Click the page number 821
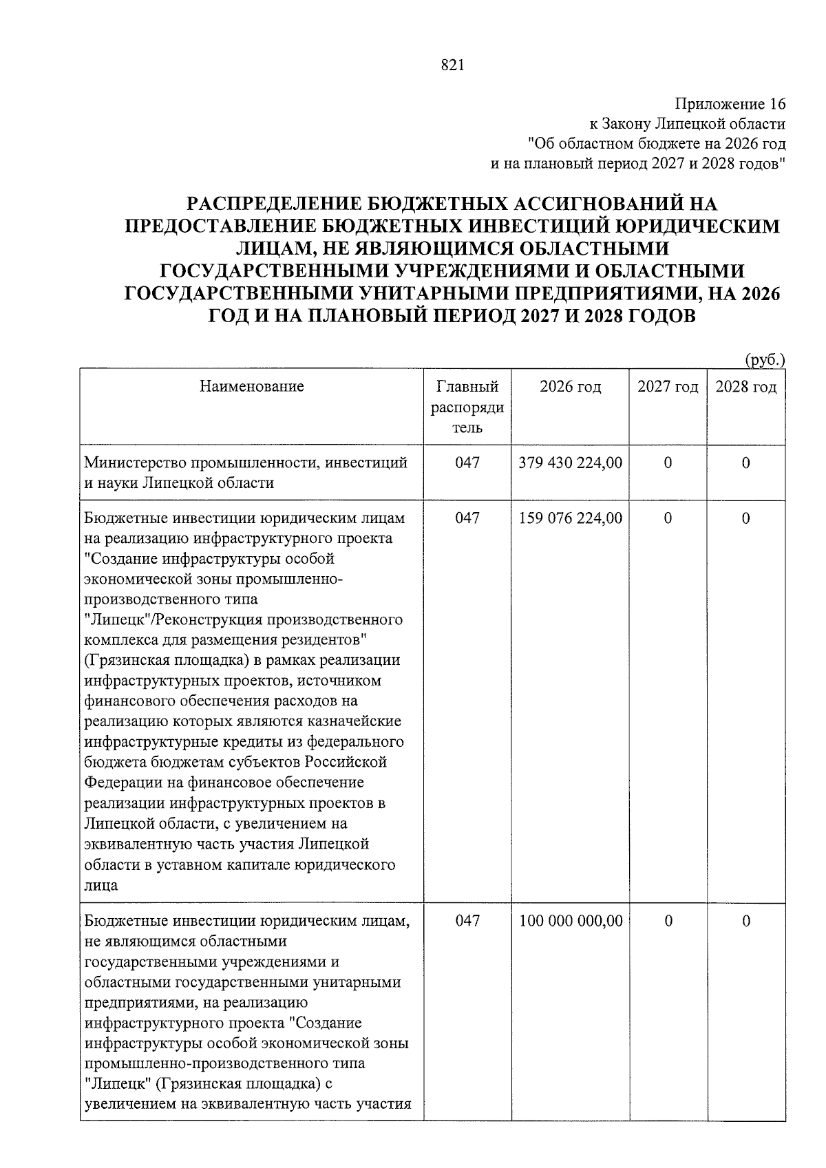tap(452, 65)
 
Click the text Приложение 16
tap(730, 104)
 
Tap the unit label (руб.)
tap(765, 359)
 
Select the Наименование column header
tap(251, 386)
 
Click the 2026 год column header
tap(570, 387)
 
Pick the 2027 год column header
tap(668, 387)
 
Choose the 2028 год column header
tap(746, 387)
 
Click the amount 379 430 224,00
tap(571, 463)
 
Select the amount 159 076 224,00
tap(571, 518)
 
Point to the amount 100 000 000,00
tap(571, 921)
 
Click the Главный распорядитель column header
tap(467, 407)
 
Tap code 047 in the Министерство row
tap(467, 463)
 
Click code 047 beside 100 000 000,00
tap(467, 921)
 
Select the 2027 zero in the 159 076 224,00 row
tap(668, 518)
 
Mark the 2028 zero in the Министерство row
tap(746, 463)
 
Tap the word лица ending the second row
tap(100, 885)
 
